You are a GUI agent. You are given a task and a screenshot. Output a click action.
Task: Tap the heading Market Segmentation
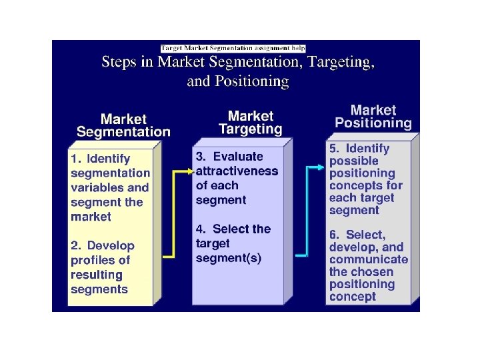pos(123,125)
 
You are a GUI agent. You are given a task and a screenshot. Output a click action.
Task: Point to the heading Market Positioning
pos(373,116)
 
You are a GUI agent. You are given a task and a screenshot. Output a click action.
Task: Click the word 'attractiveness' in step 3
pos(237,171)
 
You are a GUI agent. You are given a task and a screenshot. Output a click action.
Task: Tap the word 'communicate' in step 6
pos(368,259)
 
